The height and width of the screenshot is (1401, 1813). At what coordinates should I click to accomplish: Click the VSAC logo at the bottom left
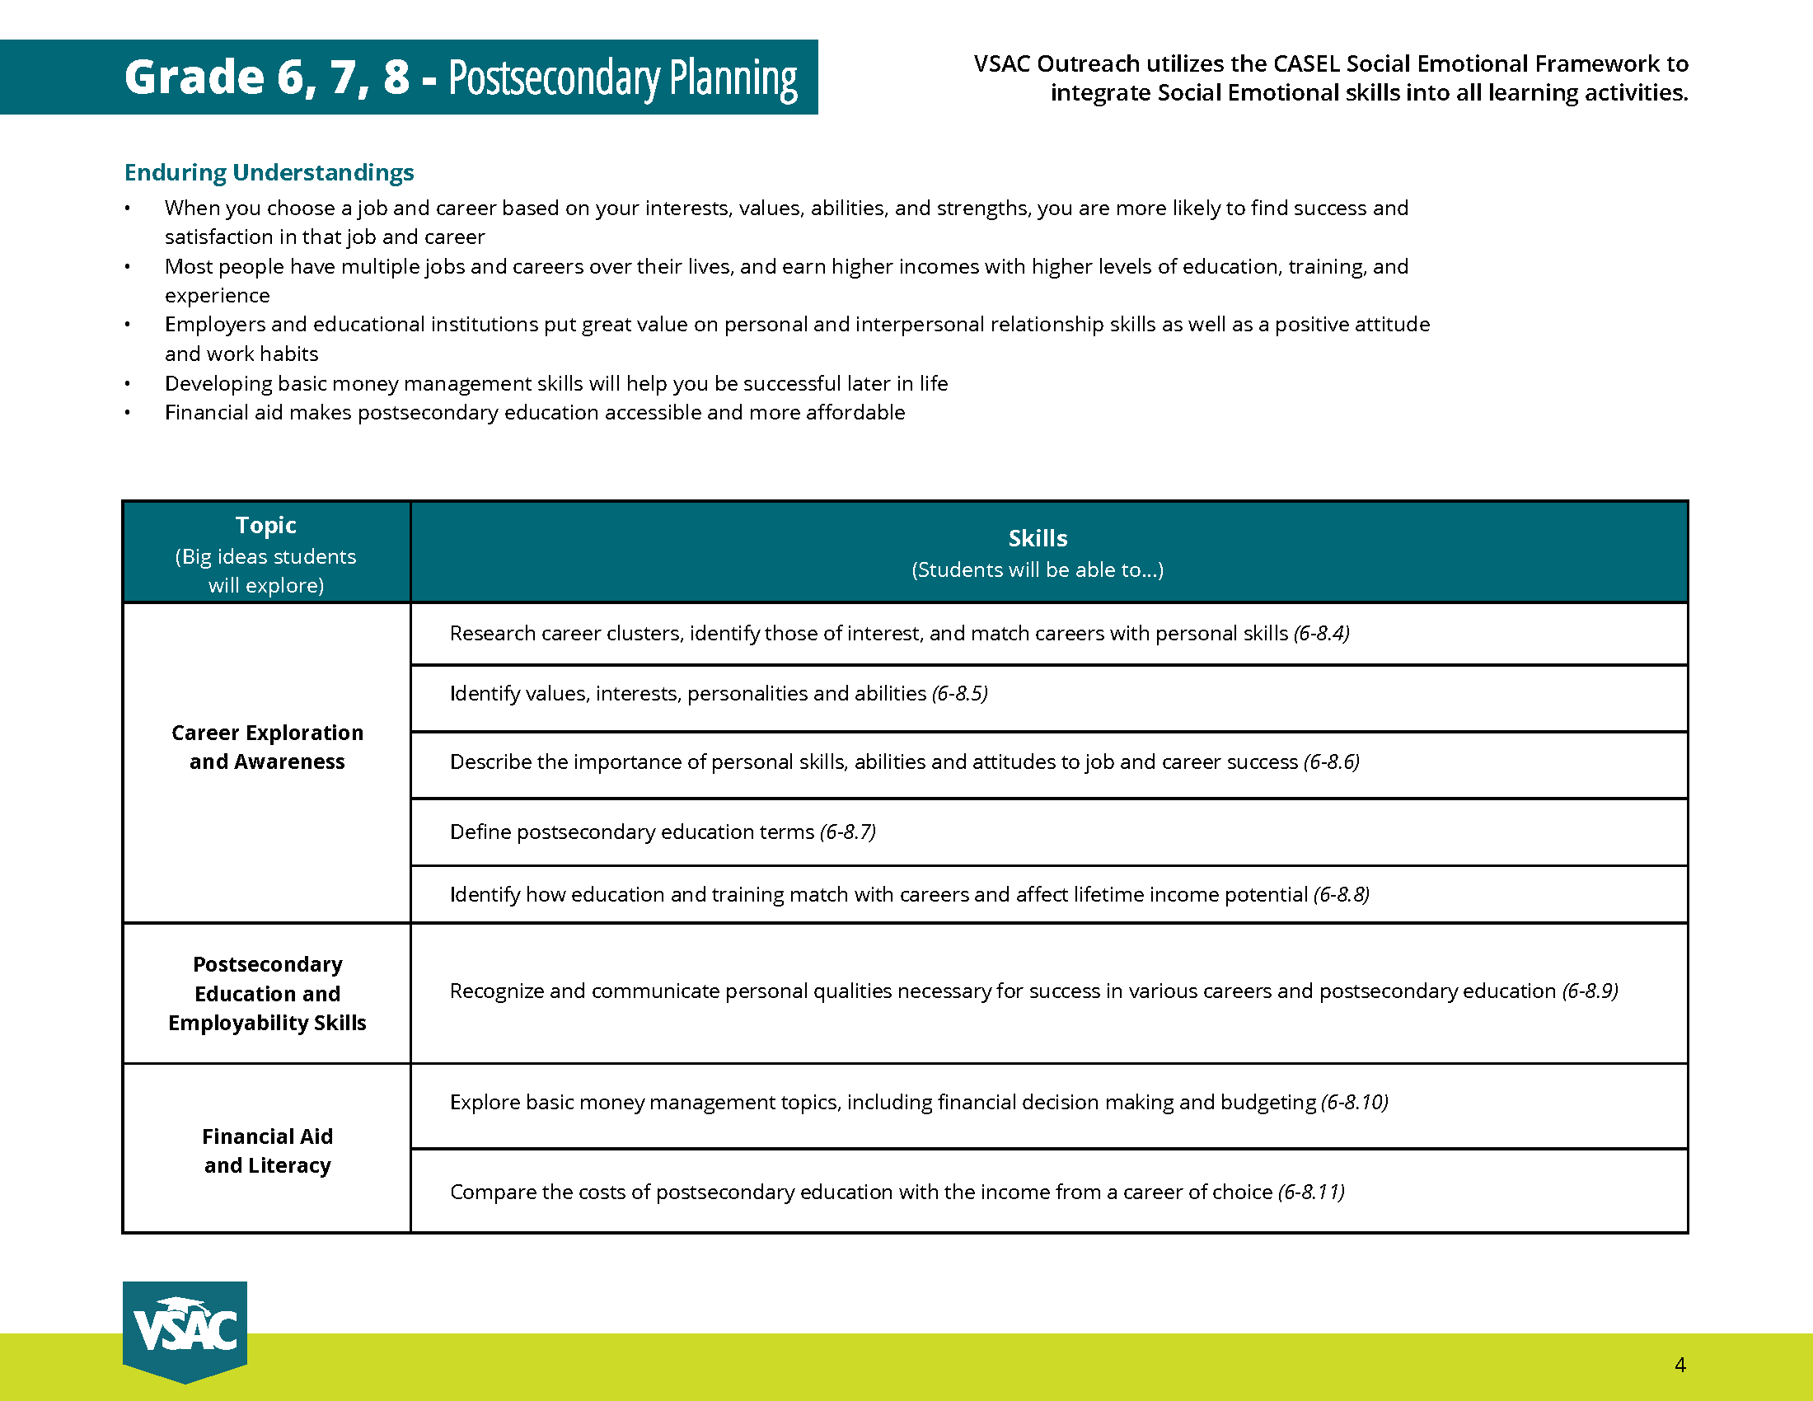point(185,1330)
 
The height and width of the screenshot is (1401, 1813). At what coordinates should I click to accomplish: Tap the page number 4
point(1679,1365)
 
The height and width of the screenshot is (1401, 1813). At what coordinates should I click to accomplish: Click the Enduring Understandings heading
point(269,171)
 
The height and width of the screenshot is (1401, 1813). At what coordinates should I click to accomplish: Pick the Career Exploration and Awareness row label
point(267,747)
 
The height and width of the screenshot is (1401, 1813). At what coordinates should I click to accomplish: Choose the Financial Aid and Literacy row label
point(267,1150)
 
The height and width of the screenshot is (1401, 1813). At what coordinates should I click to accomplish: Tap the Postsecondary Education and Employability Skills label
point(267,994)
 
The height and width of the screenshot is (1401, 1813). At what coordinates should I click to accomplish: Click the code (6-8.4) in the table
point(1322,633)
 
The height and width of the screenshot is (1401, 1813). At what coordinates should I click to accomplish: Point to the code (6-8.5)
point(959,693)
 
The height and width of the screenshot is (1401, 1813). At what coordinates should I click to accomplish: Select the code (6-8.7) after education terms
point(847,832)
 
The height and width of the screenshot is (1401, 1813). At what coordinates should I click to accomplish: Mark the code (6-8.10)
point(1355,1102)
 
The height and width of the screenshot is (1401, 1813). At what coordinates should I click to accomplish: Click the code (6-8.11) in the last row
point(1312,1192)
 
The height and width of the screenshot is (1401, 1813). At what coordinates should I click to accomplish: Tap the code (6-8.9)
point(1590,991)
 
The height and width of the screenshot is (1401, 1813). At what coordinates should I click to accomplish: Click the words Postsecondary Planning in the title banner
point(622,78)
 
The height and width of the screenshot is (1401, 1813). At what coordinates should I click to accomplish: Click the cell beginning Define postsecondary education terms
point(632,832)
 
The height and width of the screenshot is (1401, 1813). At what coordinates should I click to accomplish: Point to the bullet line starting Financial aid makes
point(535,413)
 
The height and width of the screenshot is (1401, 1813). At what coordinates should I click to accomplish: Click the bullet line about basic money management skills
point(556,383)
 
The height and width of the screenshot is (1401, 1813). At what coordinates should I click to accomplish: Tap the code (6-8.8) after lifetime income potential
point(1342,894)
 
